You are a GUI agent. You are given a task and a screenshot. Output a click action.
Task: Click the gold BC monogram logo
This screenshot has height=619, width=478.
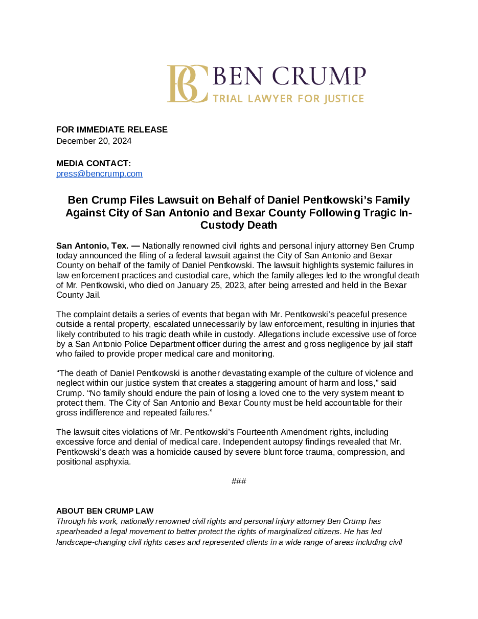coord(187,84)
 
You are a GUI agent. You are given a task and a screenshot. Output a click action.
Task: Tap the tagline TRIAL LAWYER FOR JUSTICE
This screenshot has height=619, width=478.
coord(288,99)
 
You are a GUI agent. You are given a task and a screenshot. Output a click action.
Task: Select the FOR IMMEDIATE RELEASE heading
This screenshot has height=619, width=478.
coord(112,130)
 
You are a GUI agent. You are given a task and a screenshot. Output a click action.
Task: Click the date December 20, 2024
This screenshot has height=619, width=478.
coord(94,141)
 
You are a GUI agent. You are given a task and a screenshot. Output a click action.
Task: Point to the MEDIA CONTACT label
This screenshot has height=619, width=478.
coord(94,164)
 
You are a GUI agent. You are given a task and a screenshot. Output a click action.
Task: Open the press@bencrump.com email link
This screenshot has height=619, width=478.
coord(99,174)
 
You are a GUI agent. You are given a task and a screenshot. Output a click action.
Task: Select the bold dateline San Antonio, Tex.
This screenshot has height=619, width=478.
coord(93,246)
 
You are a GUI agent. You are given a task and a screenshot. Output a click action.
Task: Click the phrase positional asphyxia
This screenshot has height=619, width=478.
coord(94,462)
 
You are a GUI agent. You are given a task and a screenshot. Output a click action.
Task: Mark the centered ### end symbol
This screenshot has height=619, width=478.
coord(239,481)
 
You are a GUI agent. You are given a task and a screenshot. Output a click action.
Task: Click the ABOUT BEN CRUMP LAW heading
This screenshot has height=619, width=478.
coord(105,511)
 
